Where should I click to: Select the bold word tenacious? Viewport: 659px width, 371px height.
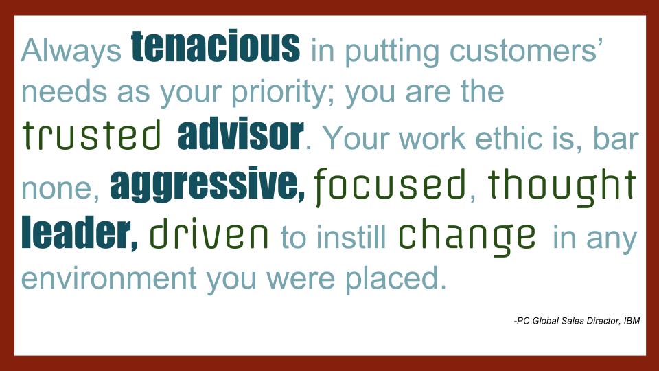point(216,46)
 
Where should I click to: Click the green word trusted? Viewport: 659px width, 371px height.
point(91,135)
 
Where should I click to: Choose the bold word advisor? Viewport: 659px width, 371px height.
point(240,134)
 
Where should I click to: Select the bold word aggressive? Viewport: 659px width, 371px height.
point(207,185)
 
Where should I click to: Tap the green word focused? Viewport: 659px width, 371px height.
point(390,185)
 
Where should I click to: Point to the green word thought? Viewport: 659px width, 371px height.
point(563,186)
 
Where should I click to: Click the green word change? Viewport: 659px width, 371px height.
point(467,236)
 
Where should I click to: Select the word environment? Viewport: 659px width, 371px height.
point(109,278)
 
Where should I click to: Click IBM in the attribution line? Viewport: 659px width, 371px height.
point(632,321)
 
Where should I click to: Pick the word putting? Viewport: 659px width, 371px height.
point(392,52)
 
